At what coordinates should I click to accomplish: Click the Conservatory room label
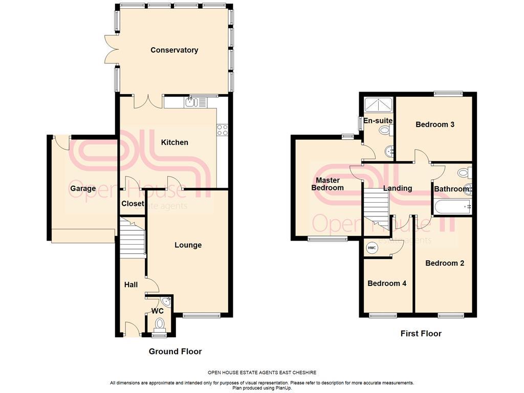coord(174,50)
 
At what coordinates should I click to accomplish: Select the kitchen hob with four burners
coord(223,129)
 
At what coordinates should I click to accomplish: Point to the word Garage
coord(83,188)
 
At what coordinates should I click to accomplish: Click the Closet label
coord(133,204)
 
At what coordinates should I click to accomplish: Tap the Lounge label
coord(188,245)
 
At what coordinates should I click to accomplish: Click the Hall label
coord(131,285)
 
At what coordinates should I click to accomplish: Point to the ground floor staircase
coord(133,238)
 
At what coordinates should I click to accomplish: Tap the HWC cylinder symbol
coord(372,248)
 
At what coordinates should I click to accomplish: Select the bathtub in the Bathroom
coord(452,207)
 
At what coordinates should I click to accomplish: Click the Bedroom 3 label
coord(435,125)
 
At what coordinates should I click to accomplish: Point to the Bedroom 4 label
coord(387,283)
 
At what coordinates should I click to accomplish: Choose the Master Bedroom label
coord(327,184)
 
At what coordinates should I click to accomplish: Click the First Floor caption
coord(421,333)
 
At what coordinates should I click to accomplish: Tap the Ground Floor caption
coord(175,351)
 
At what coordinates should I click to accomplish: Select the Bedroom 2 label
coord(445,263)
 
